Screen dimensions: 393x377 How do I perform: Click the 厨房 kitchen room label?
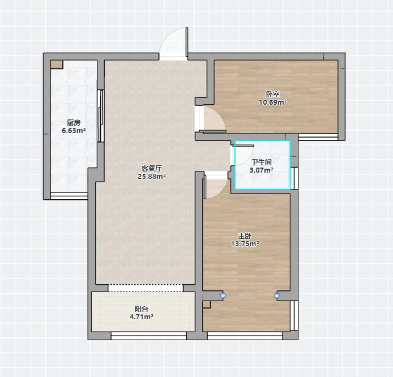tap(74, 123)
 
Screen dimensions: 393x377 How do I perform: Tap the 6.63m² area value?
tap(74, 131)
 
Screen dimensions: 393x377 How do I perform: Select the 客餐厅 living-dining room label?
tap(152, 168)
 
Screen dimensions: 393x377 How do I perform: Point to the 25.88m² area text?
tap(152, 177)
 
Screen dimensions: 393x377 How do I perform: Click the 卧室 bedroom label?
tap(273, 94)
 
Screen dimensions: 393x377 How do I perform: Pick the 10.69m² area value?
tap(273, 102)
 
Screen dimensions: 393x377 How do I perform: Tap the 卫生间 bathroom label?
tap(262, 162)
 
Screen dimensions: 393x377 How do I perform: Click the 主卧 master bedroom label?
tap(245, 235)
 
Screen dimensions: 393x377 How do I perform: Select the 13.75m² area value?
tap(245, 244)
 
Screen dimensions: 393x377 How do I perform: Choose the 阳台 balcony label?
tap(142, 309)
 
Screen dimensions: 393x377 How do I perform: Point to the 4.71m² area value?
tap(142, 317)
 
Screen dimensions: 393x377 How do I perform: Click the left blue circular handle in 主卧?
tap(223, 296)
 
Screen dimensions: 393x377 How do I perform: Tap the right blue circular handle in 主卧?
tap(277, 296)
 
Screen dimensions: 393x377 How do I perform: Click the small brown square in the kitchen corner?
tap(57, 65)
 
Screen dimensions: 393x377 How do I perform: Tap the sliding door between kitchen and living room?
tap(100, 115)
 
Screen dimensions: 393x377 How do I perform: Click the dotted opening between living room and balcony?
tap(146, 288)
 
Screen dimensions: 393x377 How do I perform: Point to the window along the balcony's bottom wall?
tap(149, 336)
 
